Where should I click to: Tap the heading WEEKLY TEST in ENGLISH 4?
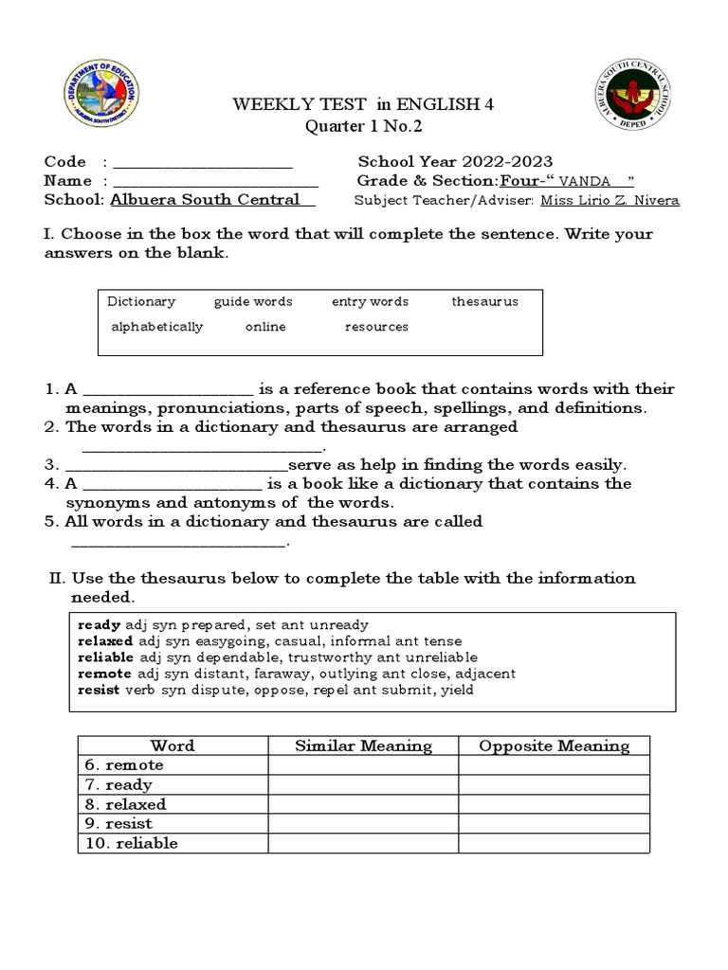364,105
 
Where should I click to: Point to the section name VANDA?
585,182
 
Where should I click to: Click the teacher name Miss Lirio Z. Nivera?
610,201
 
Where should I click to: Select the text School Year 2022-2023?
455,162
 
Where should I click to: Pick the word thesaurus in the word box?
484,302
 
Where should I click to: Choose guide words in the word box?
253,302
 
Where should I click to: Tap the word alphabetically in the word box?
157,327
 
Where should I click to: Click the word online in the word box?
265,327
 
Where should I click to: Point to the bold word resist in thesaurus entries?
99,691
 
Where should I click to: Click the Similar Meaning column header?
363,746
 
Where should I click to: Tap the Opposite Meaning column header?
554,746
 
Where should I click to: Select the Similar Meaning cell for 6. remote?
363,765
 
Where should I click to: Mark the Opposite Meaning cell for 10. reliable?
554,843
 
